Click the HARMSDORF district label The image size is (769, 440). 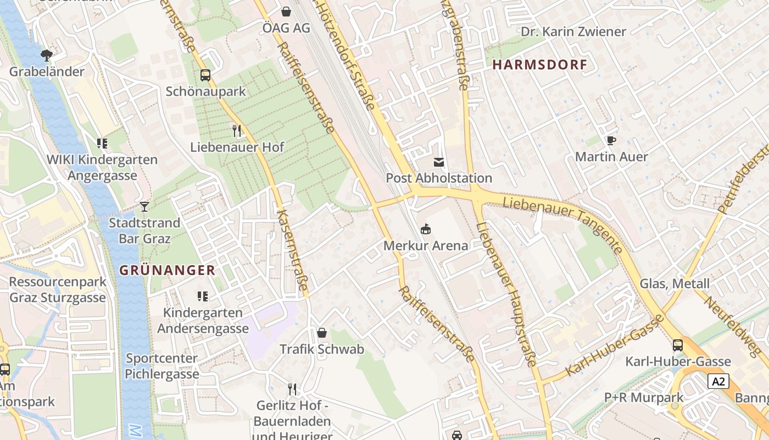click(539, 65)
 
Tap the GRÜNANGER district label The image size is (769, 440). click(168, 270)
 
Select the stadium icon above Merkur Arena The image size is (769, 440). click(425, 229)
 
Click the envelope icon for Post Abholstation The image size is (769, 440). click(439, 162)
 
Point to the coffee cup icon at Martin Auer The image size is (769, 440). click(611, 141)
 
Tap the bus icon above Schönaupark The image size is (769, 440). click(205, 75)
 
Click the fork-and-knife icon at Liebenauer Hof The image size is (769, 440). click(237, 130)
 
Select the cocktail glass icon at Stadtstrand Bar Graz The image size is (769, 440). click(144, 207)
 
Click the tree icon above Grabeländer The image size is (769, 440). click(47, 55)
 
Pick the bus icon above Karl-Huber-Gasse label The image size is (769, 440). click(678, 345)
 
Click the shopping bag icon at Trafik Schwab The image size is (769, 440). click(322, 333)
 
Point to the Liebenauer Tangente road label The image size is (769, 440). click(564, 222)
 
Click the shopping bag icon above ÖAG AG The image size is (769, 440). click(286, 11)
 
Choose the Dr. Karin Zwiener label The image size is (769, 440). click(573, 32)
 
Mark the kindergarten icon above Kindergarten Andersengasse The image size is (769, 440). click(203, 296)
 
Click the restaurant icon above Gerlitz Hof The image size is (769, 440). click(292, 389)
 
